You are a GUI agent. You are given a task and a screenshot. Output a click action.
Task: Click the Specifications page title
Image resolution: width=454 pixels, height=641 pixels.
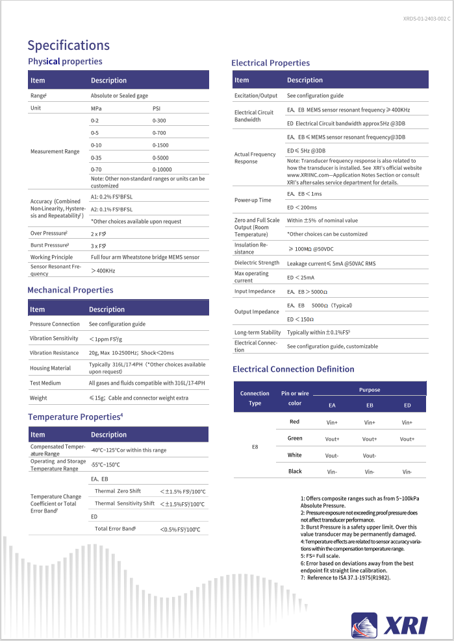coord(68,45)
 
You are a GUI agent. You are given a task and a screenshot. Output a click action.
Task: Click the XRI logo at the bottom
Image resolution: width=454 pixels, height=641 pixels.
coord(390,624)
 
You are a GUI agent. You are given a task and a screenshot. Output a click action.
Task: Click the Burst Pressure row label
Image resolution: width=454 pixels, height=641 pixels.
coord(50,245)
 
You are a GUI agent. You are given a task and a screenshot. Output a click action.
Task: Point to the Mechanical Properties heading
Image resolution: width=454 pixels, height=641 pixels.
coord(70,290)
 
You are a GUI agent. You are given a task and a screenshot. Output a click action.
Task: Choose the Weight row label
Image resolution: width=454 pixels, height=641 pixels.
coord(39,398)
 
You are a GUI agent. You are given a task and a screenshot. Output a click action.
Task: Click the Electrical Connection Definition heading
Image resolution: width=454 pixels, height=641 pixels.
coord(294,369)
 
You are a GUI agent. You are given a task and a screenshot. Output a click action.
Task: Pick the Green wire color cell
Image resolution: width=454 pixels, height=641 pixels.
coord(295,439)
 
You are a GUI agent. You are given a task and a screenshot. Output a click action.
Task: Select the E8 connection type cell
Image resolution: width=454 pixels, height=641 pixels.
coord(255,447)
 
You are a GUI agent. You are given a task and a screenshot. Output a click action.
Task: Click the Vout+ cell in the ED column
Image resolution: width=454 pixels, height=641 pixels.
coord(407,439)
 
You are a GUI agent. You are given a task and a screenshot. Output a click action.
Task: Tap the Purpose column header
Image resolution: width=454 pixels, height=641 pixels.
coord(370,390)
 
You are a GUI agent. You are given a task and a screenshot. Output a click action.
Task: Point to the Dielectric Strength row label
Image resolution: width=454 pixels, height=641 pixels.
coord(257,263)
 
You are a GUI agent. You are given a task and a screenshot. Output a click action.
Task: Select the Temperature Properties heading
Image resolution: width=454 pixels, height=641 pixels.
coord(75,417)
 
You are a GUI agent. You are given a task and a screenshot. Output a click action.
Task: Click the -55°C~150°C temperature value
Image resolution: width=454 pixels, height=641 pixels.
coord(105,465)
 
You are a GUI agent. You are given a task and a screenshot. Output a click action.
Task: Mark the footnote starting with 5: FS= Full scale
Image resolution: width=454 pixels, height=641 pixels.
coord(320,556)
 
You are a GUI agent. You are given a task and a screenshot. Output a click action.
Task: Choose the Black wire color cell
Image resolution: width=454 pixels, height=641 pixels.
coord(295,472)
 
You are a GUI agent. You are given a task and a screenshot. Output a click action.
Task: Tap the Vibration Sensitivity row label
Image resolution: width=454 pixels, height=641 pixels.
coord(55,339)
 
